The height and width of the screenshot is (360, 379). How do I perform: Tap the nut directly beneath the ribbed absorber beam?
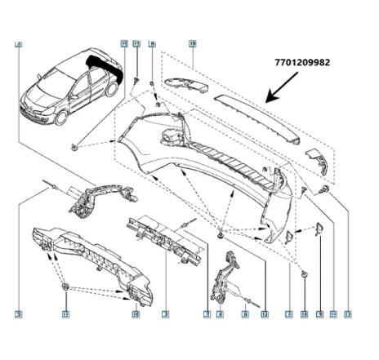point(65,289)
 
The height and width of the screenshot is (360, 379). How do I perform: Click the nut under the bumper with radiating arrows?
point(221,235)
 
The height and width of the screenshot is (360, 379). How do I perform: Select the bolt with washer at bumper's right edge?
point(326,190)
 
